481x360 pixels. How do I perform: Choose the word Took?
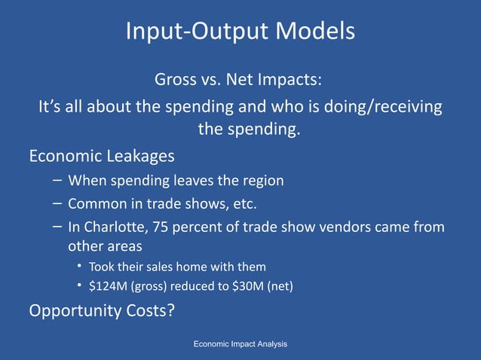(x=102, y=267)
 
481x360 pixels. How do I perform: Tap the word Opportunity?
(x=73, y=311)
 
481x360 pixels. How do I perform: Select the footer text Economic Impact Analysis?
(x=240, y=344)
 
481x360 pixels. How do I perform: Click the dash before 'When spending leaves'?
(x=58, y=181)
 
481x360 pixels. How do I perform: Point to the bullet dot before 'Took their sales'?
(x=79, y=267)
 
